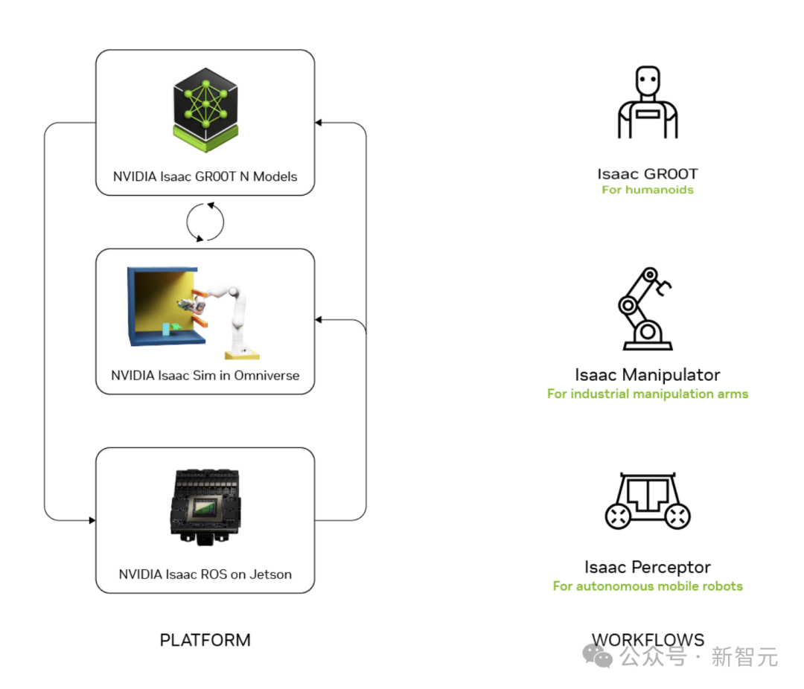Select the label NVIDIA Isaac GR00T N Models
tap(205, 177)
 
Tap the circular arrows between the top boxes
tap(205, 222)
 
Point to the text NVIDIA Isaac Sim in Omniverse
tap(205, 376)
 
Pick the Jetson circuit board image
tap(205, 506)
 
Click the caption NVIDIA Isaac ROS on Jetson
tap(205, 574)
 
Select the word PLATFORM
tap(205, 640)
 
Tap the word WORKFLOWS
tap(648, 640)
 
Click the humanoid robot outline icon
tap(648, 103)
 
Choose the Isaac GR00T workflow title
tap(648, 175)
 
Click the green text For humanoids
tap(648, 190)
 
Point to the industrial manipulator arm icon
tap(646, 309)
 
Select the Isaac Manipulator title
tap(648, 375)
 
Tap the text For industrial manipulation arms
tap(648, 394)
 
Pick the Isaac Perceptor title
tap(648, 568)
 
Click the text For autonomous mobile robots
tap(648, 586)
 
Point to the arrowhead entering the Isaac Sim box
tap(319, 320)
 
